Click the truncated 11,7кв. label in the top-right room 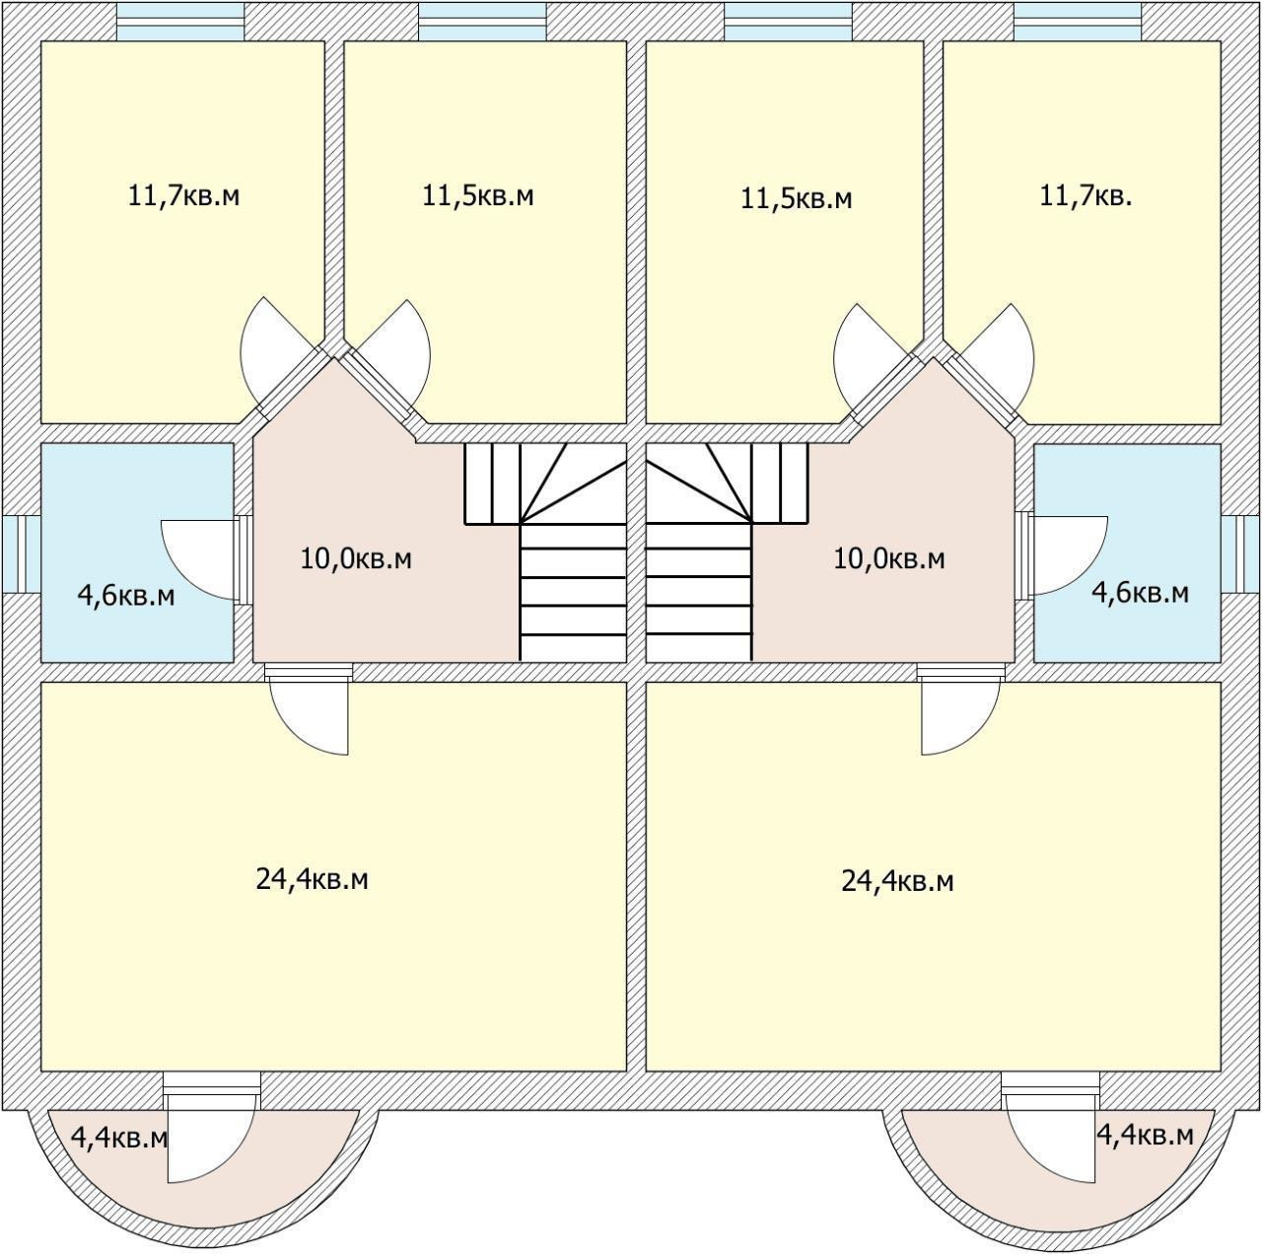[x=1086, y=195]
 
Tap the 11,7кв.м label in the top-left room [x=183, y=195]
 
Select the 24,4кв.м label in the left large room [x=312, y=879]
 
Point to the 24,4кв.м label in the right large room [x=897, y=881]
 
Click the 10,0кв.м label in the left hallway [x=356, y=559]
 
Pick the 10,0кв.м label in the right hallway [x=889, y=559]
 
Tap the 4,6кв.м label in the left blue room [x=126, y=596]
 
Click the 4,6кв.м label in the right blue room [x=1140, y=593]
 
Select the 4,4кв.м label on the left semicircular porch [x=119, y=1138]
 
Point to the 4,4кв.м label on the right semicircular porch [x=1145, y=1135]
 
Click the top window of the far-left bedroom [x=180, y=21]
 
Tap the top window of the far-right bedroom [x=1078, y=21]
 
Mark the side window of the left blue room [x=20, y=553]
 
